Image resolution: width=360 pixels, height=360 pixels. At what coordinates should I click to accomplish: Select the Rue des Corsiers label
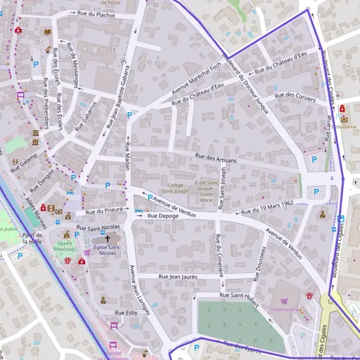295,95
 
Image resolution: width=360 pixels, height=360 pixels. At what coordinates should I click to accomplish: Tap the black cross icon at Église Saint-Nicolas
108,238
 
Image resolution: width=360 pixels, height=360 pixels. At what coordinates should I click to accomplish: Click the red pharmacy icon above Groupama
342,109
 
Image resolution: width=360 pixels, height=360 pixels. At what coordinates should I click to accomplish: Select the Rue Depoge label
163,215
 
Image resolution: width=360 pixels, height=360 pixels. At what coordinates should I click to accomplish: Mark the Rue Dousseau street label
259,263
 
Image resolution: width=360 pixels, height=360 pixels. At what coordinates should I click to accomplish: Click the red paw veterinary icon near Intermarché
310,296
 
